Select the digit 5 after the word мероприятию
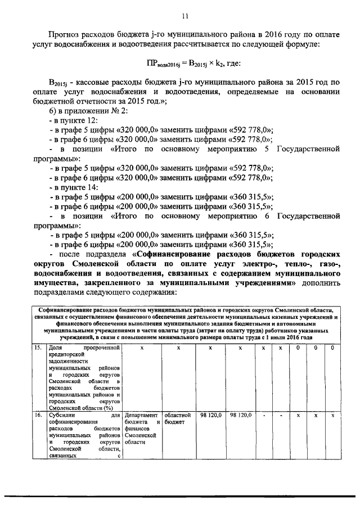(264, 150)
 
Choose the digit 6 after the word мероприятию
(264, 214)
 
